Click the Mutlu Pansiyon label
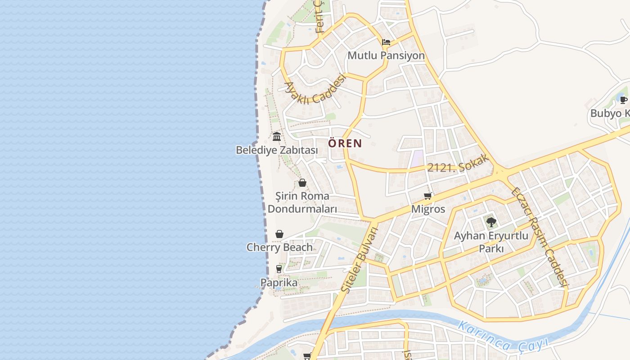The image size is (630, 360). [x=386, y=55]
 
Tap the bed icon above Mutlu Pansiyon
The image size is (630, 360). [x=386, y=43]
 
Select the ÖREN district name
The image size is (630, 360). [x=345, y=144]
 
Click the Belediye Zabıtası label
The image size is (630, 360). [x=277, y=150]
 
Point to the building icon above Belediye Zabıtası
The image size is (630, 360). [x=277, y=137]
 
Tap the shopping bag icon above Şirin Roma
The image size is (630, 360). [x=302, y=183]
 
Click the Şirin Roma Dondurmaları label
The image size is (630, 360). [x=302, y=202]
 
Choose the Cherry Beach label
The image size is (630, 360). [x=279, y=247]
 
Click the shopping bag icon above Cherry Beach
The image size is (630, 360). [x=279, y=234]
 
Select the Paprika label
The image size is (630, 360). [x=279, y=283]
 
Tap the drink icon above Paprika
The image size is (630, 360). [x=279, y=269]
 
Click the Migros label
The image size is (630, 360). [x=428, y=209]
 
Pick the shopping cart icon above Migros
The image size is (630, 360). [x=428, y=196]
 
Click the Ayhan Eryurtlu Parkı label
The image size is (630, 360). [x=491, y=242]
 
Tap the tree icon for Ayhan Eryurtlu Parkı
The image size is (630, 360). [x=491, y=222]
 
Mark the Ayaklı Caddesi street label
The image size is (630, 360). [x=315, y=89]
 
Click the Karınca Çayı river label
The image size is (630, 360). [x=502, y=337]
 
